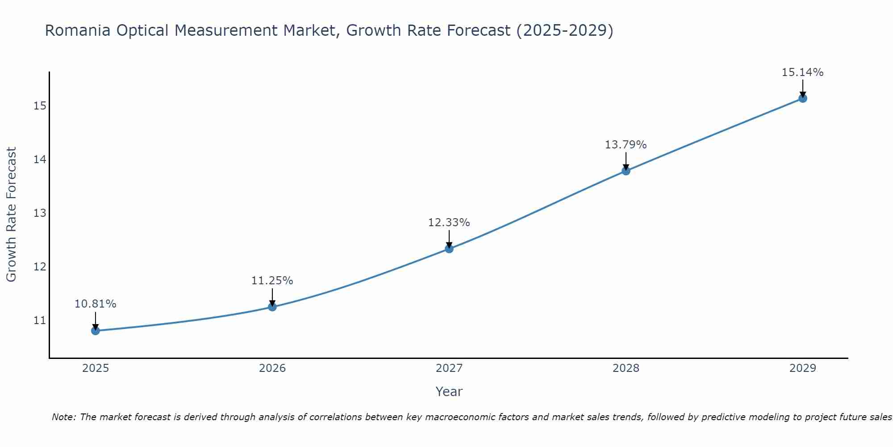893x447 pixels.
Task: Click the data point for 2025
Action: click(x=95, y=331)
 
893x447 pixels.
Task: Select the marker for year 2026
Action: click(x=272, y=307)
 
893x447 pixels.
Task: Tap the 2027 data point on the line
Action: click(x=449, y=249)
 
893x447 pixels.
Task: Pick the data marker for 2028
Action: click(x=626, y=171)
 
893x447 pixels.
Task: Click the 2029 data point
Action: click(x=802, y=98)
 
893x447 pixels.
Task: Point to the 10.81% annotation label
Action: click(x=95, y=304)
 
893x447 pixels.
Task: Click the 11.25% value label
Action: click(x=272, y=281)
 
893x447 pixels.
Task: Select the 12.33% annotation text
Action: click(x=449, y=223)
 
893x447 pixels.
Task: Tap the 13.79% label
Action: click(x=626, y=145)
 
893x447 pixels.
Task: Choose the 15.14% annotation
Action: click(x=802, y=72)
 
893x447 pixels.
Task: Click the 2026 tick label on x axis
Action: click(x=272, y=368)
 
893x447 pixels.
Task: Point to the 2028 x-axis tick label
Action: click(x=626, y=368)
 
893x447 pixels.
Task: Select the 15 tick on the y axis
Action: click(x=40, y=106)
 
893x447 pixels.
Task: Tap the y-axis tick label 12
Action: click(x=40, y=267)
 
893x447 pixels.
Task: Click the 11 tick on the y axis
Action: click(x=40, y=320)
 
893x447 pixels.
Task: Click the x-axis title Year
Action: click(x=449, y=392)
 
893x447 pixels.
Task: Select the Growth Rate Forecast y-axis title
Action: click(x=11, y=215)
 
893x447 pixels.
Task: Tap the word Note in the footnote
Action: click(x=64, y=417)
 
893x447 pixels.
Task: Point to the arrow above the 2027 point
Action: click(x=449, y=238)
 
